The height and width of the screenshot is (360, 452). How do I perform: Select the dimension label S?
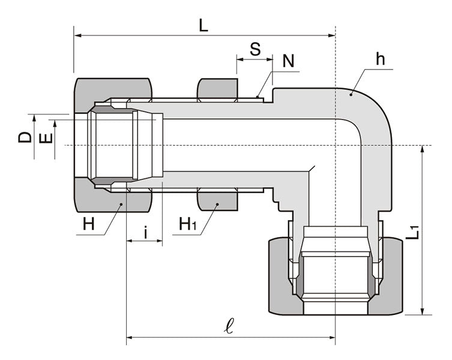coord(255,49)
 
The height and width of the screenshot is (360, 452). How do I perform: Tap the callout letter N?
coord(289,61)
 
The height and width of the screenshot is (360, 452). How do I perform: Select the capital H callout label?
coord(89,225)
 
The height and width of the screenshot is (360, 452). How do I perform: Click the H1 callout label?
coord(187,225)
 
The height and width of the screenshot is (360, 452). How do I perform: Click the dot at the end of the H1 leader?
coord(218,205)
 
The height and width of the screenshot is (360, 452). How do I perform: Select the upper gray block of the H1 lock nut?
coord(217,89)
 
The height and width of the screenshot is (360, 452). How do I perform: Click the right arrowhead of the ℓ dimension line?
coord(331,339)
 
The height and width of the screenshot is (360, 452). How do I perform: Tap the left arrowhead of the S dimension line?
coord(240,59)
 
